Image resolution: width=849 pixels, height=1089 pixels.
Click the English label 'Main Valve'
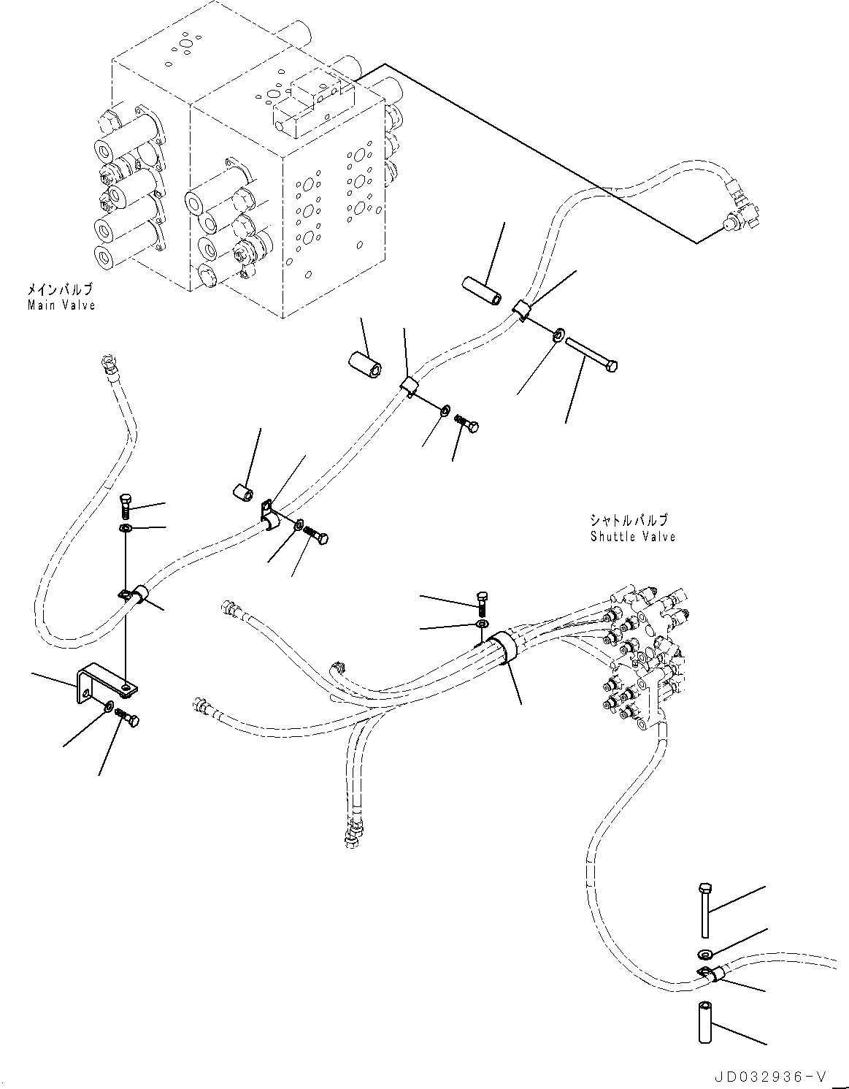click(x=61, y=305)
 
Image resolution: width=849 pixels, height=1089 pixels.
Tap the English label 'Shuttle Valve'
click(x=633, y=537)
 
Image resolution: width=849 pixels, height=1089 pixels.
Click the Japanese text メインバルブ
click(x=61, y=291)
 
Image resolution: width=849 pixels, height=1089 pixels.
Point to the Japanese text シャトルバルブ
click(x=629, y=521)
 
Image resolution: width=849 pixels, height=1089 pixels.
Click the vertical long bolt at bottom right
click(x=704, y=909)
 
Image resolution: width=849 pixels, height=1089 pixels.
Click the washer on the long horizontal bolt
click(x=558, y=335)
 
